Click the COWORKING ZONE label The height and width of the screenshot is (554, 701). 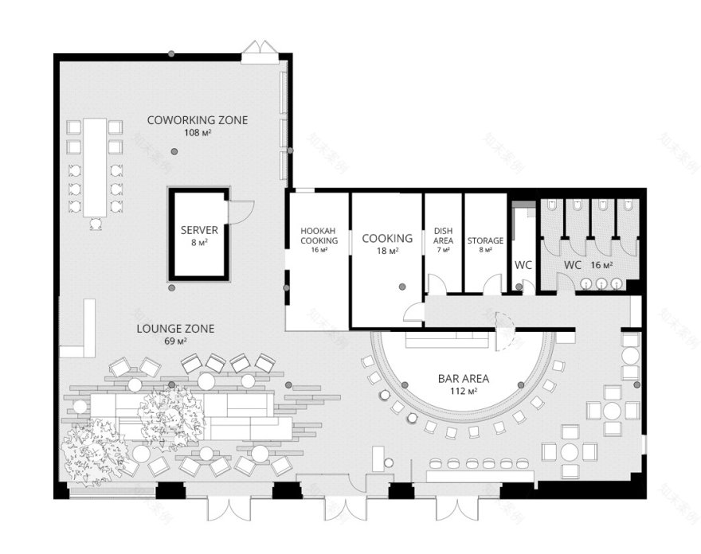pyautogui.click(x=197, y=120)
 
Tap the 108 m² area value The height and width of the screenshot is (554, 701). pyautogui.click(x=197, y=132)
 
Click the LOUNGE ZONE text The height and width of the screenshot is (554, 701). pyautogui.click(x=174, y=328)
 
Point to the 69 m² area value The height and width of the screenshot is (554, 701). pyautogui.click(x=174, y=341)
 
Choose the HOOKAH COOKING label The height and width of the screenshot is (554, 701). pyautogui.click(x=319, y=236)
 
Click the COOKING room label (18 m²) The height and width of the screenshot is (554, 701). pyautogui.click(x=387, y=238)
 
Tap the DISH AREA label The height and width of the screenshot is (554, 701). pyautogui.click(x=444, y=236)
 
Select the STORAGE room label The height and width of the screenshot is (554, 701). pyautogui.click(x=485, y=240)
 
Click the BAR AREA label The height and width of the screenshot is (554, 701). pyautogui.click(x=461, y=379)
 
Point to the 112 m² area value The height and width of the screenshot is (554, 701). pyautogui.click(x=461, y=391)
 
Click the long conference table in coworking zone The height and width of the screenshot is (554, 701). pyautogui.click(x=95, y=167)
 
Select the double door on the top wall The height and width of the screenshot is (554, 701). pyautogui.click(x=260, y=50)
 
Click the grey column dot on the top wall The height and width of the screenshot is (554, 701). pyautogui.click(x=170, y=54)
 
